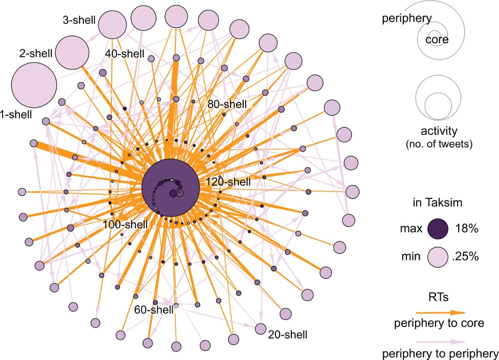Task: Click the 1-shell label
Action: click(15, 115)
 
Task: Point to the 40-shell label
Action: click(125, 54)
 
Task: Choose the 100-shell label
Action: click(125, 224)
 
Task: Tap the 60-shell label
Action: click(154, 310)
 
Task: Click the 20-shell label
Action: click(287, 334)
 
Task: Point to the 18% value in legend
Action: click(467, 229)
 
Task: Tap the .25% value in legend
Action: click(467, 257)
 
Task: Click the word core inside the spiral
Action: click(437, 39)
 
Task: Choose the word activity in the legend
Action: click(439, 131)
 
